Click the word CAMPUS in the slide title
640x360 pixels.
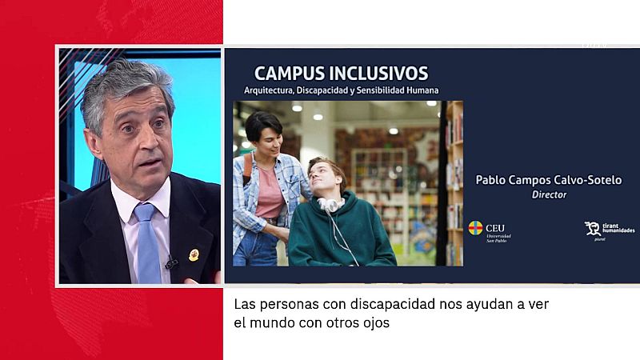pyautogui.click(x=289, y=74)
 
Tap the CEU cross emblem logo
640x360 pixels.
pyautogui.click(x=475, y=228)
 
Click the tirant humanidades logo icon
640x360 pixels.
pyautogui.click(x=592, y=229)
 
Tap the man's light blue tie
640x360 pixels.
pyautogui.click(x=147, y=240)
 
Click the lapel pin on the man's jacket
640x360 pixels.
pyautogui.click(x=194, y=254)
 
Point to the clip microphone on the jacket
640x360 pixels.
pyautogui.click(x=170, y=262)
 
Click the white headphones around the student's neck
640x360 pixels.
pyautogui.click(x=330, y=206)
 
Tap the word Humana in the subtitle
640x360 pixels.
pyautogui.click(x=421, y=90)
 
